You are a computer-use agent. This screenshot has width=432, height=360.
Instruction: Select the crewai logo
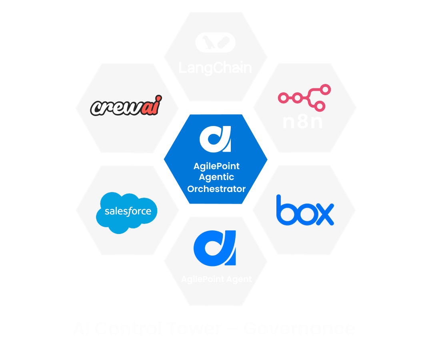click(x=126, y=106)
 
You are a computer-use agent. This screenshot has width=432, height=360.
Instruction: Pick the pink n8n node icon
click(x=304, y=98)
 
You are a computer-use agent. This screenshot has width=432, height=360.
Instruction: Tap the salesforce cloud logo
click(x=127, y=212)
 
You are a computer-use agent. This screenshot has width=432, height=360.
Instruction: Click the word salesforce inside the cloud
click(x=128, y=211)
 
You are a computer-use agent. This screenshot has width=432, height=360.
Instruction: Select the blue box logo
click(x=305, y=210)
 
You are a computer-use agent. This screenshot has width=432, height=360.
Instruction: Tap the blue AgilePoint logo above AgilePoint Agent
click(x=215, y=248)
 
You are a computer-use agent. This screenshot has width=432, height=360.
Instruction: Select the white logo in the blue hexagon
click(x=215, y=139)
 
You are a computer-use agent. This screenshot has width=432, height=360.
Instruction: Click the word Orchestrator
click(x=216, y=189)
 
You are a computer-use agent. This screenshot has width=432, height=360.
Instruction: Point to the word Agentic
click(x=216, y=177)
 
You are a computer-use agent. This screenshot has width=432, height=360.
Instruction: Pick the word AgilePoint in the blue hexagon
click(x=216, y=166)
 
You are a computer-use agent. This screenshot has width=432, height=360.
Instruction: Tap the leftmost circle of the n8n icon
click(x=282, y=98)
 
